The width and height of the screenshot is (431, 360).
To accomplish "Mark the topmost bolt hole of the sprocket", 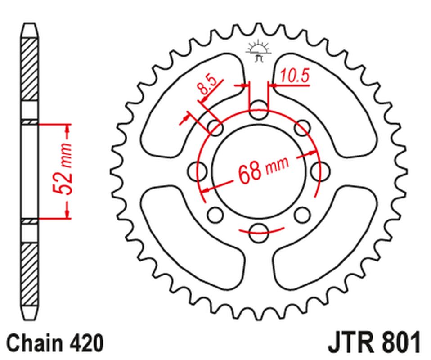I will [x=258, y=111].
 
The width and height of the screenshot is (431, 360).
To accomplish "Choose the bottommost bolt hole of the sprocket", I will [x=258, y=229].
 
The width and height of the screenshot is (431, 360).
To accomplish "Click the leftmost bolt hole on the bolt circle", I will [x=195, y=170].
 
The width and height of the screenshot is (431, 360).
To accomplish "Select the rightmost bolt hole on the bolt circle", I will [x=320, y=170].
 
